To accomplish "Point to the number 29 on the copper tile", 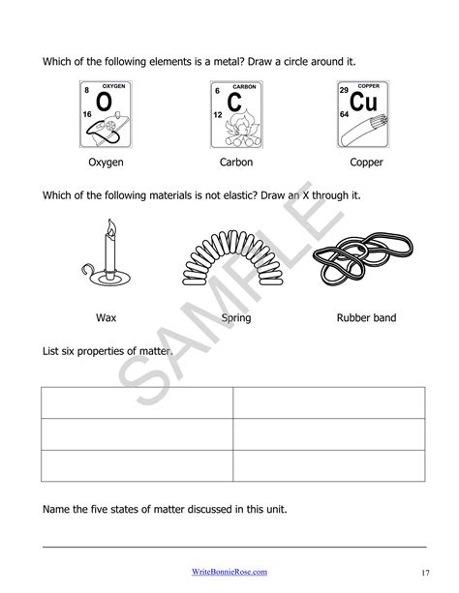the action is pyautogui.click(x=344, y=90).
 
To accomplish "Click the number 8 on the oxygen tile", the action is pyautogui.click(x=87, y=91).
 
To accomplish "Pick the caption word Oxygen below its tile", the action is pyautogui.click(x=106, y=163).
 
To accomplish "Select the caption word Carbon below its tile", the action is pyautogui.click(x=235, y=163).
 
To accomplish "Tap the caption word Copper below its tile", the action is pyautogui.click(x=366, y=163).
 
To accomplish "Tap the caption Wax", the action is pyautogui.click(x=106, y=317).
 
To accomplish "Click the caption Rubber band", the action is pyautogui.click(x=366, y=317).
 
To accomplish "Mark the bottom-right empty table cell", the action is pyautogui.click(x=328, y=465).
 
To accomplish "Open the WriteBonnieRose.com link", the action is pyautogui.click(x=229, y=571).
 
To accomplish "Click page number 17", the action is pyautogui.click(x=426, y=571).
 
